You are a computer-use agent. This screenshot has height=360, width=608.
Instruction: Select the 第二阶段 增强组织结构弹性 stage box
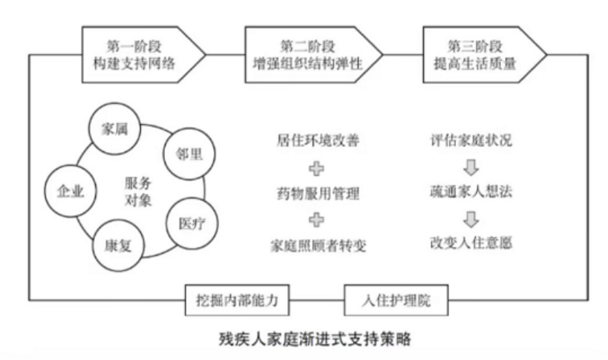(x=313, y=53)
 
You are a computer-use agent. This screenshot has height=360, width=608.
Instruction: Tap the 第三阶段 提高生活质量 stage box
(x=483, y=53)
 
